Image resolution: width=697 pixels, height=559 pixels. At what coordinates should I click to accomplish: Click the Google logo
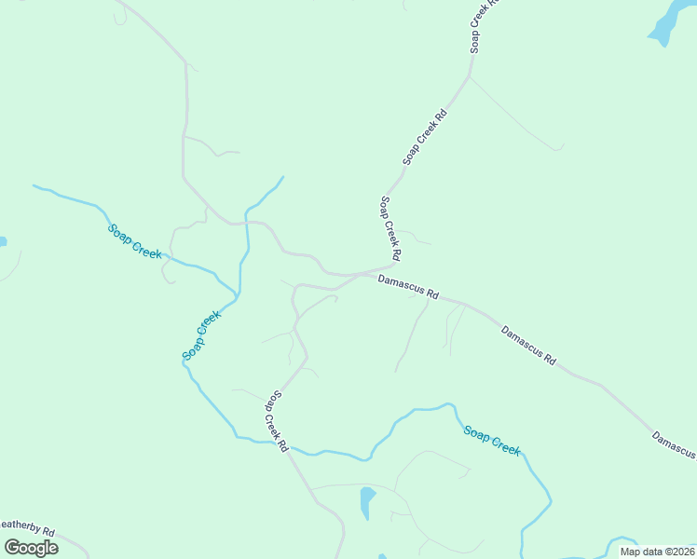[x=31, y=547]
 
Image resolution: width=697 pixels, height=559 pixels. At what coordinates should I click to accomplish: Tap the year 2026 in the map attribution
[x=684, y=551]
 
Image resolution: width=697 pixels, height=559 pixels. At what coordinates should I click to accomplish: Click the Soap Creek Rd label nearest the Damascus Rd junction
[x=390, y=228]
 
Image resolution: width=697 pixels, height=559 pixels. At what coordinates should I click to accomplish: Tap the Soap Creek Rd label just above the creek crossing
[x=277, y=421]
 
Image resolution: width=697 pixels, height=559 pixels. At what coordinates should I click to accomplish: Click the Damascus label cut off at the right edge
[x=675, y=445]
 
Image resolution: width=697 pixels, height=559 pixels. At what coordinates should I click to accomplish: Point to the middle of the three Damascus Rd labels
[x=528, y=344]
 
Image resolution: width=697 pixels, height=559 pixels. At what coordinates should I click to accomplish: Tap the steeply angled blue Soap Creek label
[x=201, y=335]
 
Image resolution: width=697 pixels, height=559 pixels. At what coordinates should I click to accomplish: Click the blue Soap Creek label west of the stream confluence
[x=135, y=241]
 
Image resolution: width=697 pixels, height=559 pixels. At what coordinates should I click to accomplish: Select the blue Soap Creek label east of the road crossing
[x=492, y=440]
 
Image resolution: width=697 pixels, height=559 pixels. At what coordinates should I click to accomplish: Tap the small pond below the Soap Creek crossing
[x=367, y=501]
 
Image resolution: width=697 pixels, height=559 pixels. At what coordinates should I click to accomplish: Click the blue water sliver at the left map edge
[x=3, y=241]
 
